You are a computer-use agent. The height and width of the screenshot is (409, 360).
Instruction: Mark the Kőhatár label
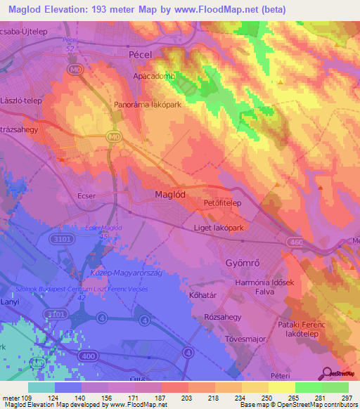point(205,295)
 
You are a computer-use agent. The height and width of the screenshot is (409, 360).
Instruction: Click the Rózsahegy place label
point(222,317)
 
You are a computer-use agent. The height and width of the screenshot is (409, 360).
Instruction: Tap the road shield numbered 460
point(295,242)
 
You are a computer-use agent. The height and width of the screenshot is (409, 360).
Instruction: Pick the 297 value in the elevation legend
point(346,398)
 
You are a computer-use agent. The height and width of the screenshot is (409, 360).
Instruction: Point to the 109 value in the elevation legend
point(27,398)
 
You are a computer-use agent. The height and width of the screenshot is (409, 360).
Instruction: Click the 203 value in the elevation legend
point(187,398)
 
